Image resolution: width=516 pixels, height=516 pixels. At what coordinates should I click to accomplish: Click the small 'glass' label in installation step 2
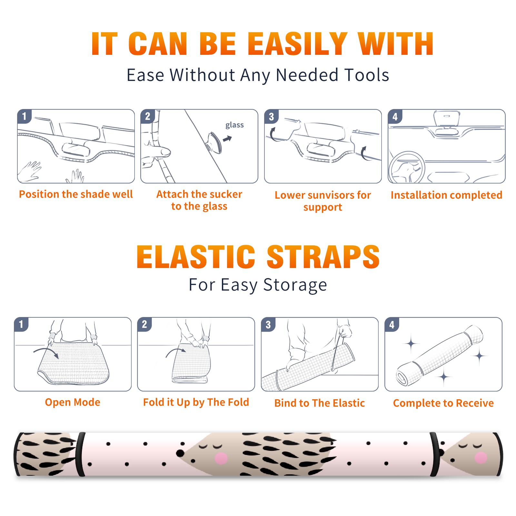(234, 125)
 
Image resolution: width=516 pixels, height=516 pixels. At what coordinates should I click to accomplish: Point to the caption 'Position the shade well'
(76, 194)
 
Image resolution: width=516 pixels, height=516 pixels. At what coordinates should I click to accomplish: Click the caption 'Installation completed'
(446, 195)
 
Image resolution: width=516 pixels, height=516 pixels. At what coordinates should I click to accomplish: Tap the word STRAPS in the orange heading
(323, 257)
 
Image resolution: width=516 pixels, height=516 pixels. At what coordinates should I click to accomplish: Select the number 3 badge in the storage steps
(268, 324)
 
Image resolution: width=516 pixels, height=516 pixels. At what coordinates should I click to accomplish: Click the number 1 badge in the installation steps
(24, 116)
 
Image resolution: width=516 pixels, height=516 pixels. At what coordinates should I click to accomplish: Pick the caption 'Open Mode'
(73, 402)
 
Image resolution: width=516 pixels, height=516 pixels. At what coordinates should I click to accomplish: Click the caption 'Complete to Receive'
(443, 403)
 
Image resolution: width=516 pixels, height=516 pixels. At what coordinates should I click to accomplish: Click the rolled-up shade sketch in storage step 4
(439, 356)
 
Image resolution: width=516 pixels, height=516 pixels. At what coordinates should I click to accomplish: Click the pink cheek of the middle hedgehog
(221, 458)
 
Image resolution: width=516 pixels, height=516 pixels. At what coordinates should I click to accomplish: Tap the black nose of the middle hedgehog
(180, 453)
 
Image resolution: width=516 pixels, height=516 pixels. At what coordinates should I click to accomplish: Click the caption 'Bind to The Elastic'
(320, 403)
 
